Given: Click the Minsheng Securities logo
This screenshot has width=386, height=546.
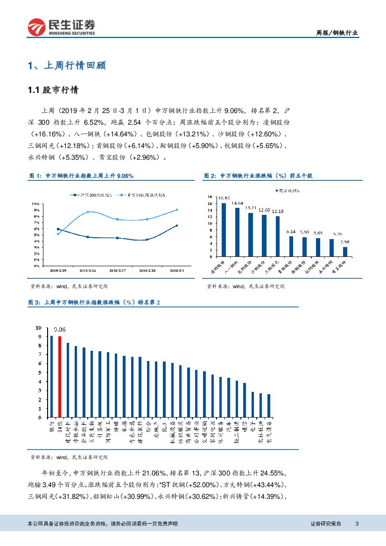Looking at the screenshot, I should point(61,28).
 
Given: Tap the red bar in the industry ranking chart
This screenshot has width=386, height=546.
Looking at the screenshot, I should point(60,376).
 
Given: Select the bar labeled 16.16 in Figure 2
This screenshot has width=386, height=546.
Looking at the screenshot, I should point(224,229).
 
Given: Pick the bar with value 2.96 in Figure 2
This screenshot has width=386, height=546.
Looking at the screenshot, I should point(345,251).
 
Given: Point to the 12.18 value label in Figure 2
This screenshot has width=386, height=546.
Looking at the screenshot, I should point(278,212).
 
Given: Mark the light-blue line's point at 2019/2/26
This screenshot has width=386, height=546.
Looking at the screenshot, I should point(87,212).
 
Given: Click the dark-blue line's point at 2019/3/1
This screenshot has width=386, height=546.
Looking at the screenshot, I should point(176,226).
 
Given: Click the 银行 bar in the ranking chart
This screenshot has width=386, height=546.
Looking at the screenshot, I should point(52,376).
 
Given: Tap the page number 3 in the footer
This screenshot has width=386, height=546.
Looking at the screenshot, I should point(357,524).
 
